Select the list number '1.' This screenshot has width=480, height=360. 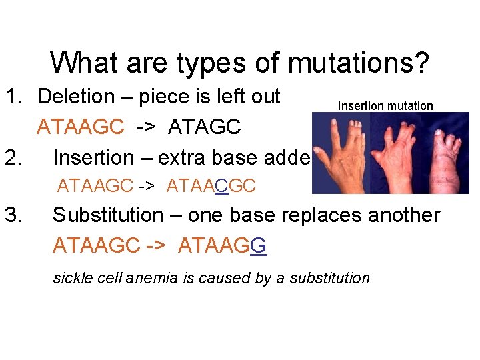15,97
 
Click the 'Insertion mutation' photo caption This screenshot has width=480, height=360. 385,106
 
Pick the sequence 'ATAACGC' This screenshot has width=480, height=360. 211,185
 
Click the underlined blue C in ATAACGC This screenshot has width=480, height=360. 222,185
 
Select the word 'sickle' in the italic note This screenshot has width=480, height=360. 71,278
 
